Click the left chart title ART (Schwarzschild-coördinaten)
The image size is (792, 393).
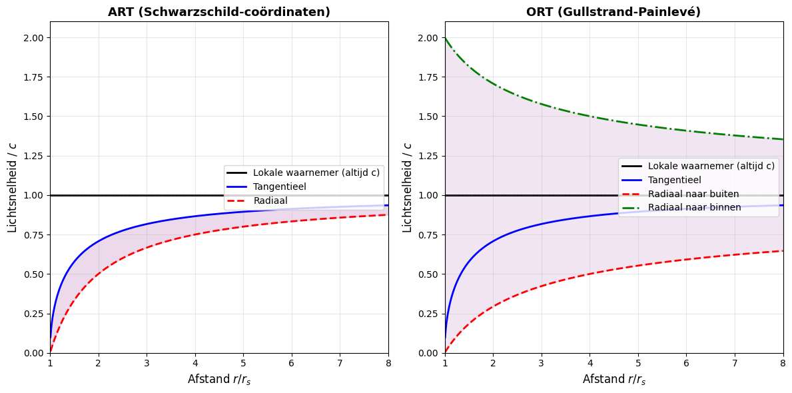point(219,12)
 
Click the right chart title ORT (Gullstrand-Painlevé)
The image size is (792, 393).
point(613,12)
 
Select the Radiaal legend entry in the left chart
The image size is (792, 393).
point(270,200)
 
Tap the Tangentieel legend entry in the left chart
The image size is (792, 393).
point(279,187)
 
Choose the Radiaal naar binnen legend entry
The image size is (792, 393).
point(694,207)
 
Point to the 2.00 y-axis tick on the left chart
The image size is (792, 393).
point(34,38)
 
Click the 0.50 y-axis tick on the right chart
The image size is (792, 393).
point(429,274)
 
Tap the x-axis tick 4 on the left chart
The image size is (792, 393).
point(195,362)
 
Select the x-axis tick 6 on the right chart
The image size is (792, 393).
point(687,362)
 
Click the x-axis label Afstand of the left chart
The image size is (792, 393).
point(219,379)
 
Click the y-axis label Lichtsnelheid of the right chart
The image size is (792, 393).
point(408,187)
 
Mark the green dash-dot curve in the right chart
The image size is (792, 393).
point(590,116)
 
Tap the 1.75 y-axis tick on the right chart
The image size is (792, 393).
point(429,77)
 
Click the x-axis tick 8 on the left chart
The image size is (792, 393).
point(388,362)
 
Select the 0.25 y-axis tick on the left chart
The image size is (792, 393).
point(34,314)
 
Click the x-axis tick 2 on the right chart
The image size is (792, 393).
point(493,362)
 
